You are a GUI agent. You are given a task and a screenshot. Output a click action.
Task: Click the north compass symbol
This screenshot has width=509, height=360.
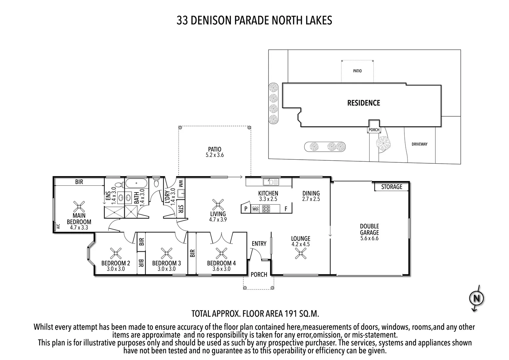pyautogui.click(x=476, y=298)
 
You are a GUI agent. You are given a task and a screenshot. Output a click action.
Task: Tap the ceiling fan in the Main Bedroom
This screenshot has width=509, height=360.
pyautogui.click(x=79, y=207)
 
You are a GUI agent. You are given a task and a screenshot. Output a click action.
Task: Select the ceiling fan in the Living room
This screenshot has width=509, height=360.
pyautogui.click(x=218, y=204)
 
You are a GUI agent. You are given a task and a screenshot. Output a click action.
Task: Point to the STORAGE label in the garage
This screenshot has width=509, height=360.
pyautogui.click(x=392, y=187)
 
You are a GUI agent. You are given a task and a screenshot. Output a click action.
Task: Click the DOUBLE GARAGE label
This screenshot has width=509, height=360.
pyautogui.click(x=369, y=229)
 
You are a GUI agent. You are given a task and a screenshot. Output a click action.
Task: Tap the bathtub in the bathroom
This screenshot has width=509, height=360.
pyautogui.click(x=137, y=183)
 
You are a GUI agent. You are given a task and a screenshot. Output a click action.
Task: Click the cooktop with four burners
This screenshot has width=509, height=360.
pyautogui.click(x=266, y=209)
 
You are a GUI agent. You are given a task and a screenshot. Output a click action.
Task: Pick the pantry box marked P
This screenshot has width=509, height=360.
pyautogui.click(x=246, y=209)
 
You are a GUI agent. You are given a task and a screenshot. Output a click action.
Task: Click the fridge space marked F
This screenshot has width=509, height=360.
pyautogui.click(x=286, y=209)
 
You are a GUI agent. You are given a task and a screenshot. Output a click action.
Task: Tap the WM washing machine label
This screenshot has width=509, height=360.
pyautogui.click(x=181, y=183)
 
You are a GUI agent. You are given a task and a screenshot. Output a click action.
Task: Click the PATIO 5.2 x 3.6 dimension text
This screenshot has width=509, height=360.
pyautogui.click(x=215, y=155)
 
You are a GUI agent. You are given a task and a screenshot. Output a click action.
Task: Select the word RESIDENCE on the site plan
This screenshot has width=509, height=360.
pyautogui.click(x=363, y=103)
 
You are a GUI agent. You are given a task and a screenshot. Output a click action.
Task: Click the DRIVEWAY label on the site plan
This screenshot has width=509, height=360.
pyautogui.click(x=419, y=144)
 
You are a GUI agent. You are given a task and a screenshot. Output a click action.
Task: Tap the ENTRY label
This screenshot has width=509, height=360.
pyautogui.click(x=259, y=244)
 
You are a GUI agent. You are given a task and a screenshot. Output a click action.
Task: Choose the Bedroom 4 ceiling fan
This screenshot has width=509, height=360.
pyautogui.click(x=221, y=254)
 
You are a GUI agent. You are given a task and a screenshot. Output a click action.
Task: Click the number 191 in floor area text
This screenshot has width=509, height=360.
pyautogui.click(x=290, y=314)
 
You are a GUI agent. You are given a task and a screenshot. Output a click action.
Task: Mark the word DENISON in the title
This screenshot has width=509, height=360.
pyautogui.click(x=214, y=20)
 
